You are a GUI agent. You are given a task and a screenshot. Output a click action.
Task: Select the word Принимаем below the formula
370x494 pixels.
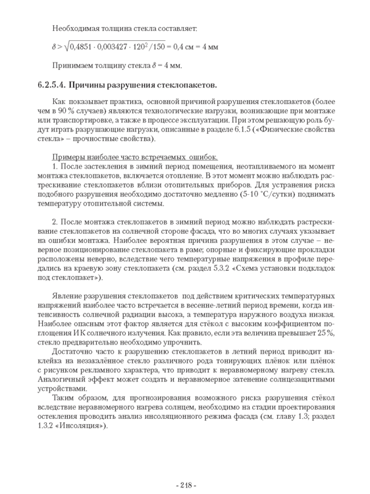pos(72,65)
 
